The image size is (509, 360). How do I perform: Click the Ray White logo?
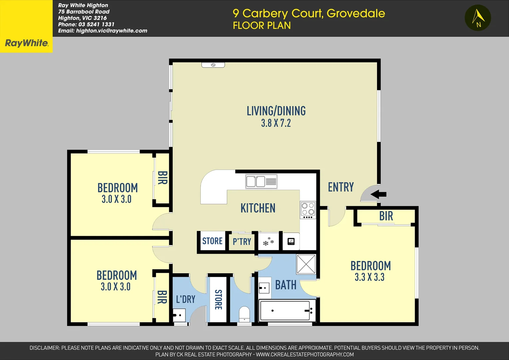click(27, 43)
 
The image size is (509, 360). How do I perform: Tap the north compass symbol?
click(478, 18)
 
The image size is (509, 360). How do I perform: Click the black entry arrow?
click(379, 194)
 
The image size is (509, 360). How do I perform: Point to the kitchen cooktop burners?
click(308, 209)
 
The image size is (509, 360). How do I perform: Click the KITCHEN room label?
click(258, 208)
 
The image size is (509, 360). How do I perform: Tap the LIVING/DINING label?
click(276, 111)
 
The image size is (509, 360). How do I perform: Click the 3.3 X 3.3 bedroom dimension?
click(369, 277)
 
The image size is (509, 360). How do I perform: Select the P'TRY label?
click(242, 242)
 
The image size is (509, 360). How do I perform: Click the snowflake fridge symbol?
click(268, 241)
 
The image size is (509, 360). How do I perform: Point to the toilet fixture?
click(245, 314)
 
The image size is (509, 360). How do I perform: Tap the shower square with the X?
click(306, 264)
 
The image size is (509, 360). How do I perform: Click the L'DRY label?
click(186, 299)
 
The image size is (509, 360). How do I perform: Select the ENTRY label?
click(341, 187)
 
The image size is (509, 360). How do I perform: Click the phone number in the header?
click(86, 24)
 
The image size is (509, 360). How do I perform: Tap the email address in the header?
click(103, 31)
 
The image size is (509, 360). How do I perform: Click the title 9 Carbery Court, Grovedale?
click(309, 13)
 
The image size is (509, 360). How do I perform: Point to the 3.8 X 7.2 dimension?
click(276, 123)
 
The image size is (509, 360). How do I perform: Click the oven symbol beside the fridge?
click(291, 241)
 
